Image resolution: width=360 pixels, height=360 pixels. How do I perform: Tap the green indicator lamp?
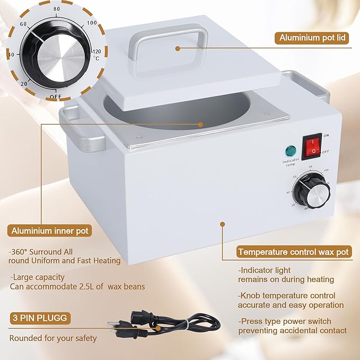click(x=290, y=150)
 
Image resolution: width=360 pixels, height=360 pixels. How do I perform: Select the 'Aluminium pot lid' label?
click(x=312, y=38)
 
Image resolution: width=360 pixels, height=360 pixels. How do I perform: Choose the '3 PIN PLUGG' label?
click(x=39, y=318)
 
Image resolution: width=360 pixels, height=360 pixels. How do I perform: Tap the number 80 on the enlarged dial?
click(x=57, y=9)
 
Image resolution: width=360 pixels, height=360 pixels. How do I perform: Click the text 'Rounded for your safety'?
click(x=53, y=338)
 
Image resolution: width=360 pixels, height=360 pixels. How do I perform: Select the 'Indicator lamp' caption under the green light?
click(x=291, y=162)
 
